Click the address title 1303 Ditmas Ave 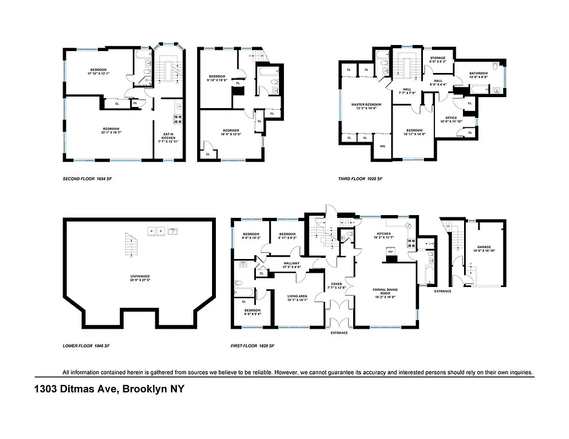click(109, 390)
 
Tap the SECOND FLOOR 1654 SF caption click(88, 179)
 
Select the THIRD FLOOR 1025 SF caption click(360, 179)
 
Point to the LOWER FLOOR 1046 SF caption click(87, 346)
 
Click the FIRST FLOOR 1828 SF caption click(253, 346)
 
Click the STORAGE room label click(438, 59)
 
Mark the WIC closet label click(383, 147)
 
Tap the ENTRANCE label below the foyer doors click(339, 333)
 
